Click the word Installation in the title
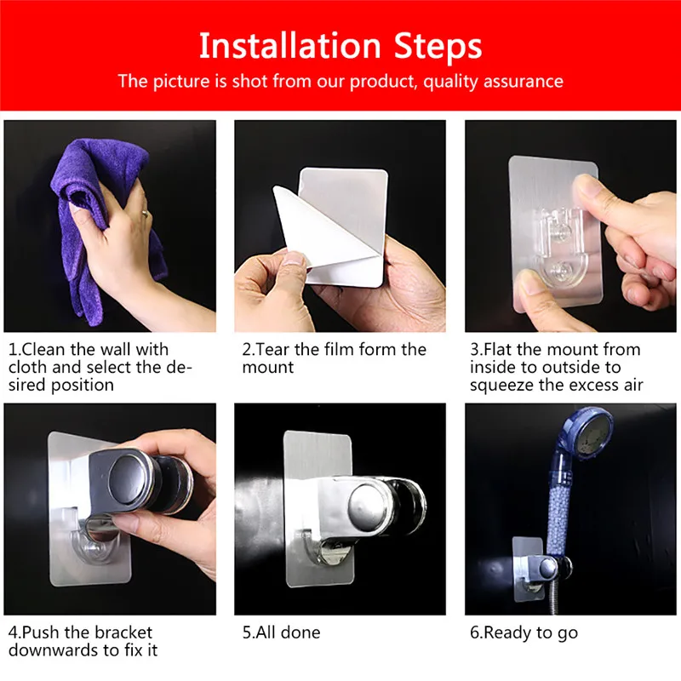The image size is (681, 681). [x=289, y=46]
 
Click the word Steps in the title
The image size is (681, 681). [x=438, y=46]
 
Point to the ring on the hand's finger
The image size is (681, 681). [x=145, y=214]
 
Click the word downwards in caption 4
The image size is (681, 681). [x=54, y=650]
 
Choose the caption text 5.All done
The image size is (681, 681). [x=282, y=632]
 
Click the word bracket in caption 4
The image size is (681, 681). [x=123, y=632]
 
